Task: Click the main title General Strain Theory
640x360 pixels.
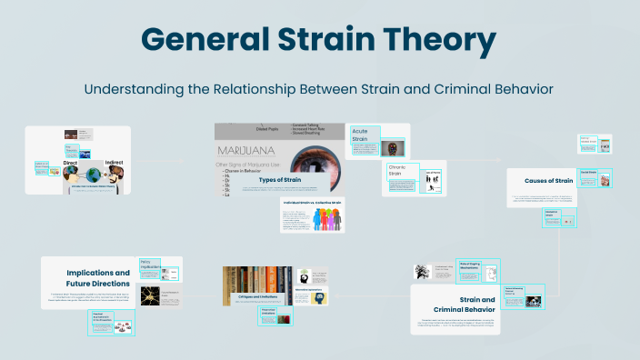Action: tap(319, 41)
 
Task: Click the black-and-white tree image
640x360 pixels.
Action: tap(422, 271)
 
